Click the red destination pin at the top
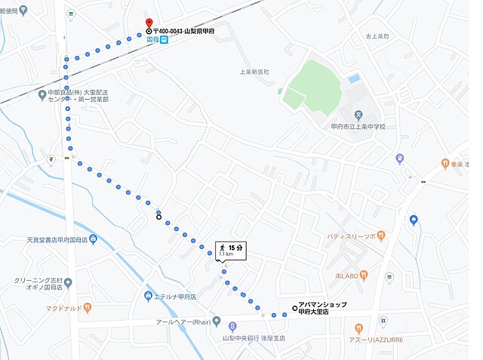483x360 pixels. [149, 23]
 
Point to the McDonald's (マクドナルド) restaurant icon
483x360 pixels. [88, 307]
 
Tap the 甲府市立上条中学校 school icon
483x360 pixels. [359, 115]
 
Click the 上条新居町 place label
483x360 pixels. [254, 72]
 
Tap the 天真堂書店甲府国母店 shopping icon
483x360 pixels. [92, 239]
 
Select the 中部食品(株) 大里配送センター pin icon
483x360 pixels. [42, 94]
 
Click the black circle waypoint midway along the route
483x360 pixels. [158, 217]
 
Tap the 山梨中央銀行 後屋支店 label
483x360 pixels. [253, 338]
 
